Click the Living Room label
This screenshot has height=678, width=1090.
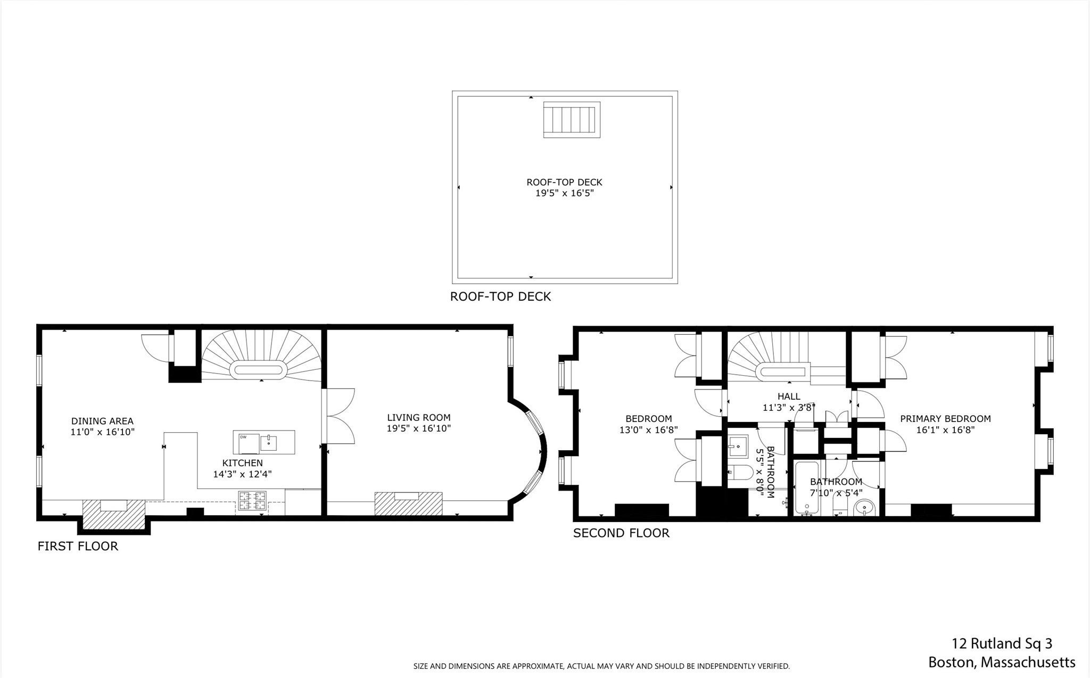418,418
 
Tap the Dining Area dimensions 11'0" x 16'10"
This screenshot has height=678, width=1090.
103,432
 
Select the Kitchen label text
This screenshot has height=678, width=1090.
243,463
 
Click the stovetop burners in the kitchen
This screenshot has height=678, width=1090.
252,501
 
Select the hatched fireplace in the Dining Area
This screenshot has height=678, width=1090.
114,515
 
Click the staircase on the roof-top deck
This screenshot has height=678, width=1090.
572,120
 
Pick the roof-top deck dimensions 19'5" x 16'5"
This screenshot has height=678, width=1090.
564,193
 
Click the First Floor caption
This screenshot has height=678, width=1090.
78,546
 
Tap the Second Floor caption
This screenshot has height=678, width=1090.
621,533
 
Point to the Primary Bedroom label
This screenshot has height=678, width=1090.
945,419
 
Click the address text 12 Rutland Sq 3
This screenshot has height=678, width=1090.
1002,643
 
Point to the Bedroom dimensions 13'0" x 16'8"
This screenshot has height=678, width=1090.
648,430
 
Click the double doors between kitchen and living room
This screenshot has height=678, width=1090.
339,416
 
